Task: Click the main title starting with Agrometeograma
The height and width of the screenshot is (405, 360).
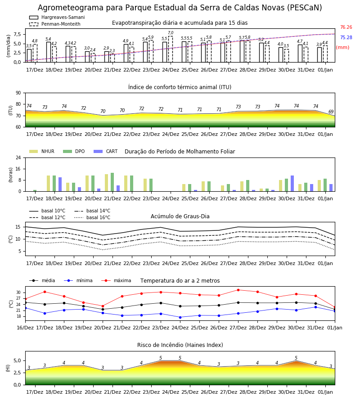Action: pos(180,8)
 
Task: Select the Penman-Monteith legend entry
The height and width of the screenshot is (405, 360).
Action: pos(55,24)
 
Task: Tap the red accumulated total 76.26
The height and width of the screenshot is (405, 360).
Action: pos(346,27)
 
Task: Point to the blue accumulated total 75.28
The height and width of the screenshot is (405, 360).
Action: pos(346,37)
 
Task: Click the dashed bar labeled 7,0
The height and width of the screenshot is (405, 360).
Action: pos(171,49)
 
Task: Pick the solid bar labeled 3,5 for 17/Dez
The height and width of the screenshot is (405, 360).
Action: pos(29,55)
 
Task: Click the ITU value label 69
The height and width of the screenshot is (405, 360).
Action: pos(331,112)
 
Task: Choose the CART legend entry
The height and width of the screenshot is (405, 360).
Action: pos(106,151)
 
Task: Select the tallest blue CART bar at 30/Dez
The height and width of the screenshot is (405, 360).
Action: pos(292,184)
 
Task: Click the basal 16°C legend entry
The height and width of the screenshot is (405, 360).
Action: pos(92,217)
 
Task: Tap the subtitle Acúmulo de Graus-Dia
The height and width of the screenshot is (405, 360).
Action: pos(180,216)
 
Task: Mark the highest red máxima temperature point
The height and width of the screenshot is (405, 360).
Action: pos(238,290)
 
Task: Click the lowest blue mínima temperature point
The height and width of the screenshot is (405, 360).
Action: pos(180,317)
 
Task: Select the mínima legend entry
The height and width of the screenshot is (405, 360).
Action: pos(78,280)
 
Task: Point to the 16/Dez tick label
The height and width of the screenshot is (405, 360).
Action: pos(25,328)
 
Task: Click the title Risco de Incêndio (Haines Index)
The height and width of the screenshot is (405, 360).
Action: pos(180,345)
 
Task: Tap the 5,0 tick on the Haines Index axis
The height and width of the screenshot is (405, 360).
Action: pos(17,360)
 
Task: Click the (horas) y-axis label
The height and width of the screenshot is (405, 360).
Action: pos(11,175)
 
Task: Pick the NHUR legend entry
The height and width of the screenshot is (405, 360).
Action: pos(42,151)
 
